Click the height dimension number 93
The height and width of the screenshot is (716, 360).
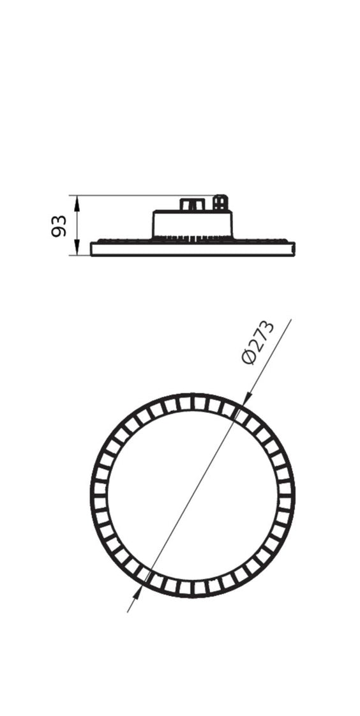[59, 226]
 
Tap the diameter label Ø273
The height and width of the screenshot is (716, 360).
[258, 343]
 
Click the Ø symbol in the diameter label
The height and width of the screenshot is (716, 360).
[248, 357]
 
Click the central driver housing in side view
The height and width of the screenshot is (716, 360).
[192, 224]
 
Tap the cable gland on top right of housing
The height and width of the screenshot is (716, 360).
[221, 202]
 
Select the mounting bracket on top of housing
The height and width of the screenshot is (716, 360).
[192, 204]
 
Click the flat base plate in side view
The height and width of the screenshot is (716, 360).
[192, 249]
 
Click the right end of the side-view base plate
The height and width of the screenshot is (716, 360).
[295, 249]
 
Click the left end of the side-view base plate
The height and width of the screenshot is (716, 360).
[91, 249]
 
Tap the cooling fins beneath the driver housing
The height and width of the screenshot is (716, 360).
[192, 239]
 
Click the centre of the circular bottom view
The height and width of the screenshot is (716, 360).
[192, 495]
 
